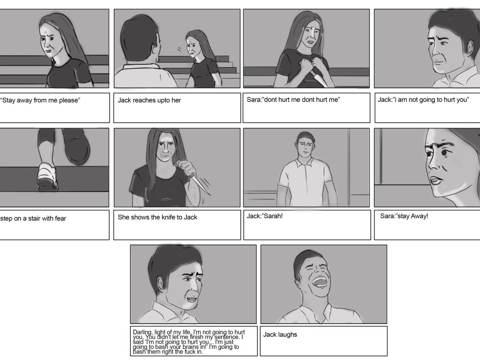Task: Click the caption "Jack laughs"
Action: coord(280,335)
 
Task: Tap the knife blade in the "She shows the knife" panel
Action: coord(202,185)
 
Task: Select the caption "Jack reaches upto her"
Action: coord(149,100)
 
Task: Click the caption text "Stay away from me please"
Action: coord(40,100)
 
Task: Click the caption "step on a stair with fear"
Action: coord(33,218)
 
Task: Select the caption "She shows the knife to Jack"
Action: coord(157,217)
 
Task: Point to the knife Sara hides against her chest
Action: coord(319,78)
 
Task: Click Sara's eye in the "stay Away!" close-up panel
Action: coord(444,153)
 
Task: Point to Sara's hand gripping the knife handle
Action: coord(187,168)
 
